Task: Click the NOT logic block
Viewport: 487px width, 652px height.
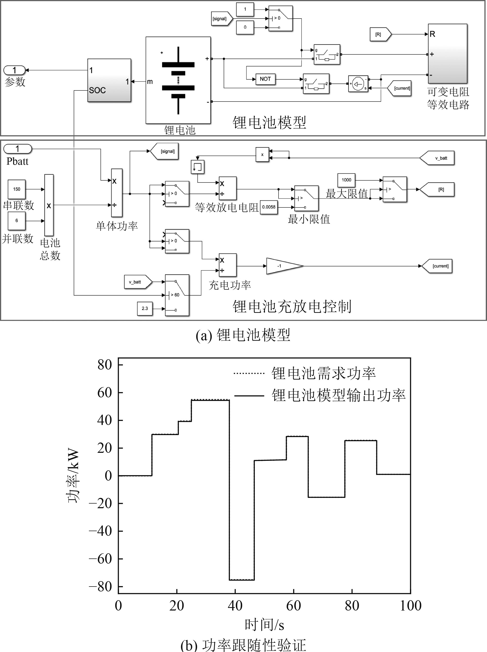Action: (x=265, y=79)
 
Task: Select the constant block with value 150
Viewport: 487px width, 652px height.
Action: (x=16, y=189)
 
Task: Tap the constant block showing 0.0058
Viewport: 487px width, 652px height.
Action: (x=268, y=207)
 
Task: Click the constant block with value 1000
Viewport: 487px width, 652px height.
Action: (x=346, y=180)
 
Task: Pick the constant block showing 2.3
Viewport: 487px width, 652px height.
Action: (x=145, y=308)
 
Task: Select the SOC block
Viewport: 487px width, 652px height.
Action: (x=109, y=80)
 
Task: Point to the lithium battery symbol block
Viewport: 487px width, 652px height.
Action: (x=178, y=80)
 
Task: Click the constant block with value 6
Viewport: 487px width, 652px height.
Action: (x=16, y=221)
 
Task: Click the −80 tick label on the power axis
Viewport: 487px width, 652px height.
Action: (x=100, y=587)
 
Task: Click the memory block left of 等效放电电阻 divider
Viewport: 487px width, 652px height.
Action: (x=198, y=167)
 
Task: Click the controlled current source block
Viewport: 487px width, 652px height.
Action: (x=358, y=84)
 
